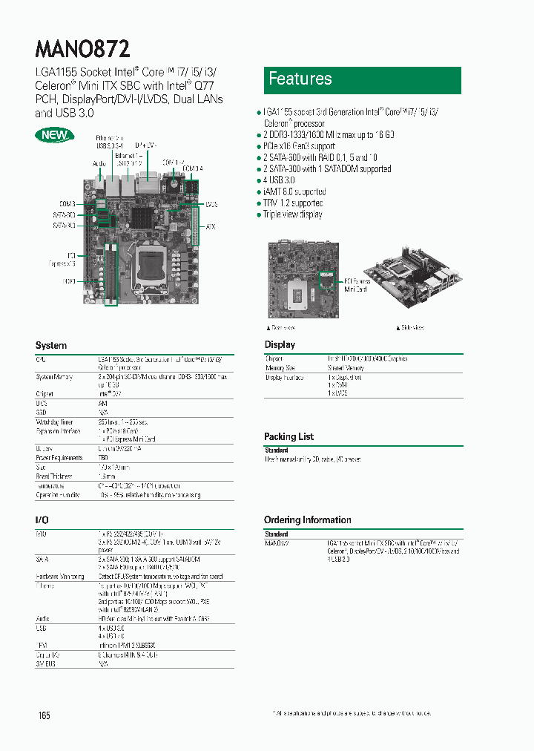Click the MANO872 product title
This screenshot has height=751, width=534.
click(83, 49)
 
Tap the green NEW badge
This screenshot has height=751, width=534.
click(53, 135)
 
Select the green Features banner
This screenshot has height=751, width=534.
click(363, 79)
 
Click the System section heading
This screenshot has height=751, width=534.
click(51, 346)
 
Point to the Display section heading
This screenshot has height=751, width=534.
click(280, 344)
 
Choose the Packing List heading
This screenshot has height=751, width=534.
click(289, 436)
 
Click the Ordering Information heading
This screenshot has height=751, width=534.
click(307, 519)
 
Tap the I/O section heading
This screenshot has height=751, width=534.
click(42, 520)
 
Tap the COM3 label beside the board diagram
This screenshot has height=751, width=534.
click(67, 203)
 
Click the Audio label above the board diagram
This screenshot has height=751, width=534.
click(99, 163)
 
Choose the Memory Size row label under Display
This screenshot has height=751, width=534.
click(280, 368)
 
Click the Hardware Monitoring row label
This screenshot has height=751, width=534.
click(60, 576)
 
